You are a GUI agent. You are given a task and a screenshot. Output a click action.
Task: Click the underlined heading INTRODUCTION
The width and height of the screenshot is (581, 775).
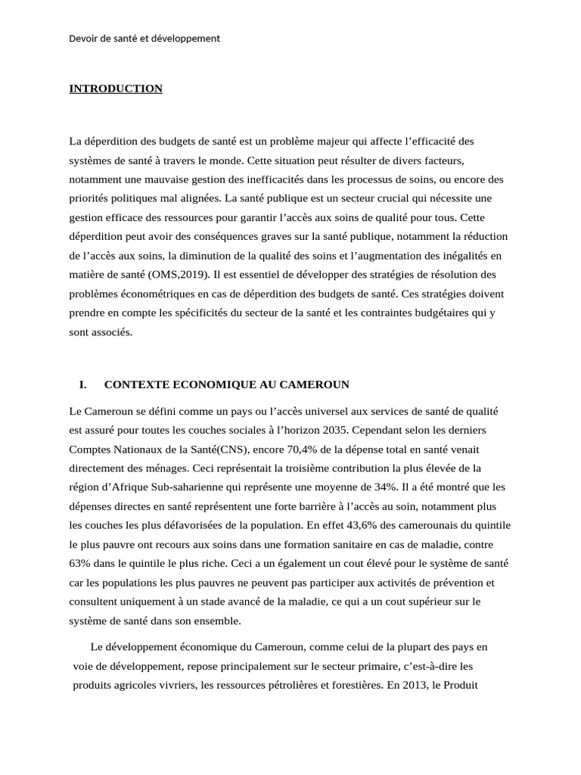tap(116, 89)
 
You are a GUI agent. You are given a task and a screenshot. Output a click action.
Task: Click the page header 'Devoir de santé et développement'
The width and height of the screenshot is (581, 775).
tap(144, 38)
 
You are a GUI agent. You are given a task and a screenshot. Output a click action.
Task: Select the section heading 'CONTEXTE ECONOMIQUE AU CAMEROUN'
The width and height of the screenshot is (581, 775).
tap(226, 384)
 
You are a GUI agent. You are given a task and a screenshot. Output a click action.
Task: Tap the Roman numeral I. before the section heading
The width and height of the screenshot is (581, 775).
tap(83, 384)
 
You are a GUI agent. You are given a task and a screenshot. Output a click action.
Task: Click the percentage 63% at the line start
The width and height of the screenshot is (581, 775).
tap(79, 563)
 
